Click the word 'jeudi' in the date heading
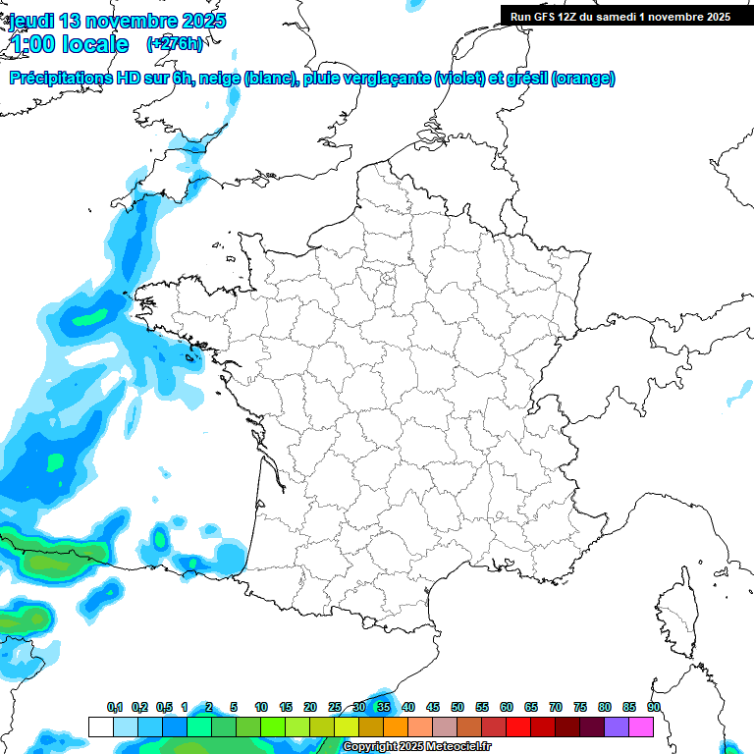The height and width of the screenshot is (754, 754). click(33, 21)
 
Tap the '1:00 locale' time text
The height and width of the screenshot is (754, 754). click(69, 44)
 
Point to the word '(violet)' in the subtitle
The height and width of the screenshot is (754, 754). click(459, 79)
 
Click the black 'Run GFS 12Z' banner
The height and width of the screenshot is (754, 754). click(619, 17)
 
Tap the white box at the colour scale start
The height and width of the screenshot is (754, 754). click(100, 727)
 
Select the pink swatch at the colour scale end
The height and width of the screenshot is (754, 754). click(641, 727)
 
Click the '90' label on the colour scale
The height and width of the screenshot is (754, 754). click(654, 708)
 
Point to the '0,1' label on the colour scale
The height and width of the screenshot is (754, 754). click(115, 708)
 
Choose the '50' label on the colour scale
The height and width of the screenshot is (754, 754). click(458, 708)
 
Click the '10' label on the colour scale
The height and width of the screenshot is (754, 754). click(261, 708)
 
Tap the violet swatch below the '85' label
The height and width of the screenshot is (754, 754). click(617, 727)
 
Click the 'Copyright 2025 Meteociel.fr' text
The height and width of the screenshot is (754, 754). click(416, 747)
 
